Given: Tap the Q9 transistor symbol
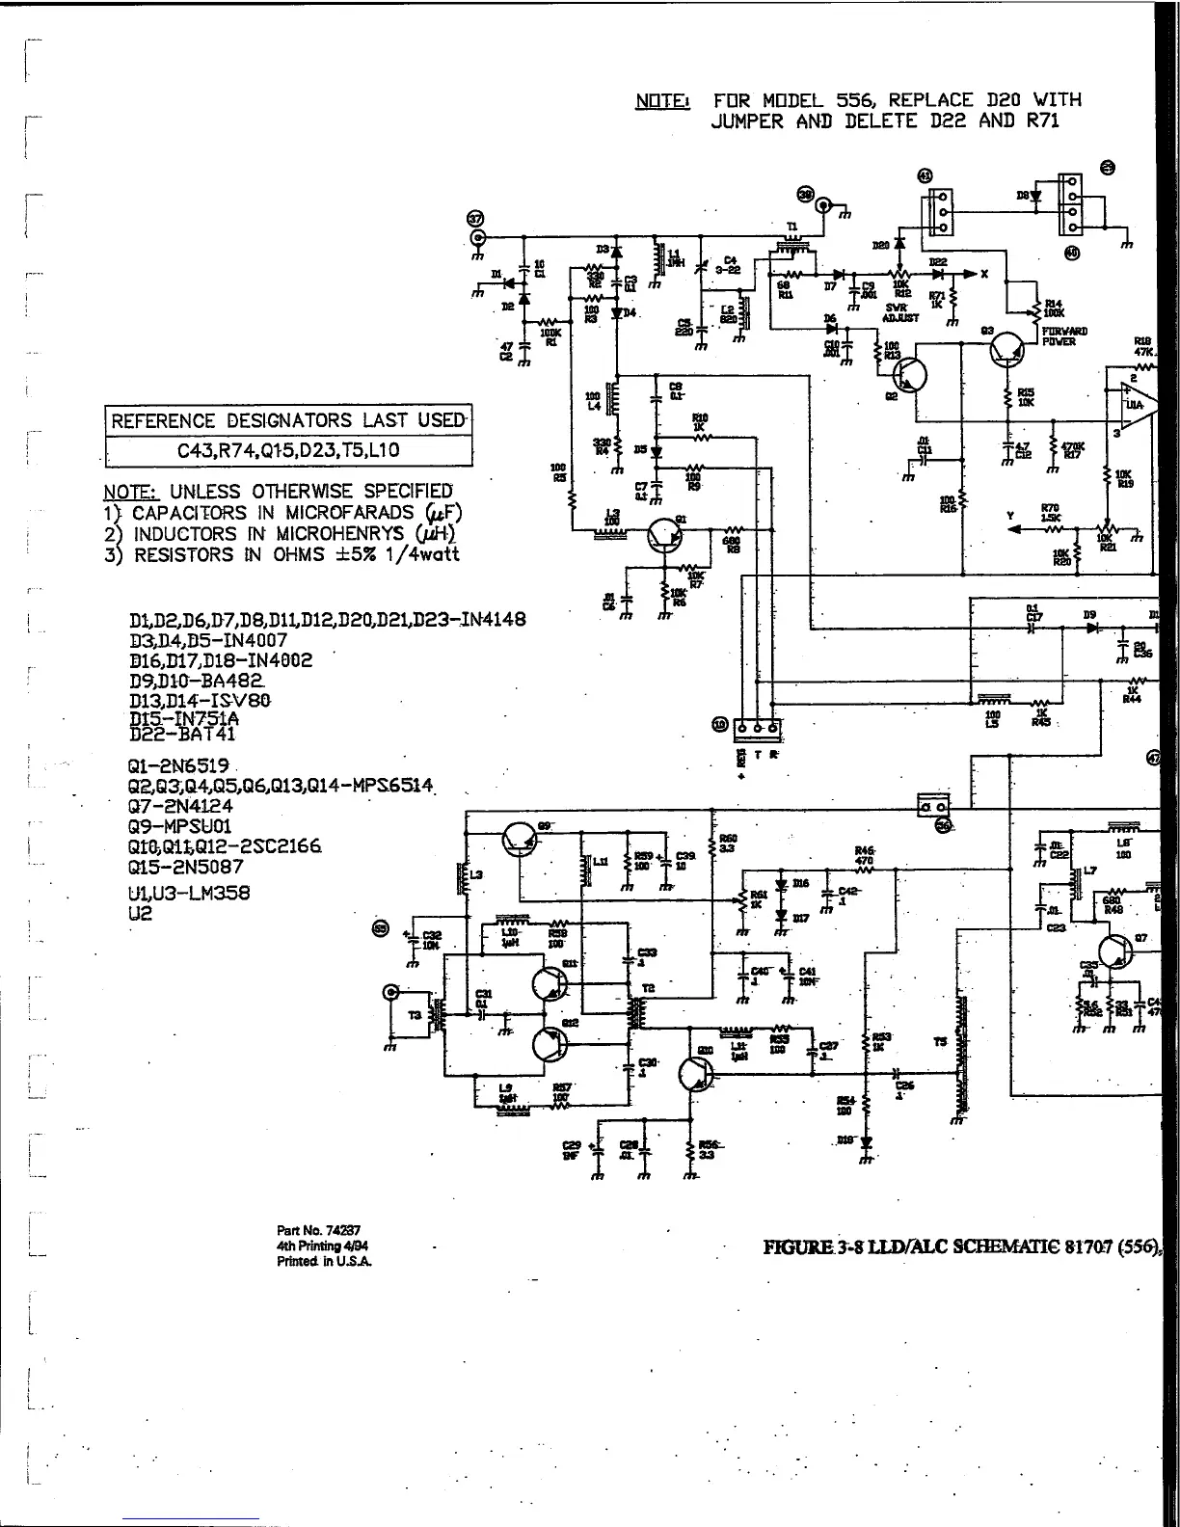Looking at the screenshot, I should click(x=521, y=842).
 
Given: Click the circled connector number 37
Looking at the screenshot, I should click(x=475, y=218).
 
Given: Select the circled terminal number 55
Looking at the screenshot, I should click(x=380, y=928).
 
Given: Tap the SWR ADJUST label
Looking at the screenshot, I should click(x=901, y=311).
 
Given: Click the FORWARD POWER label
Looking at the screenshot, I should click(x=1064, y=336).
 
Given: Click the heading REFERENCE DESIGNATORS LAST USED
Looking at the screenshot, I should click(x=287, y=421).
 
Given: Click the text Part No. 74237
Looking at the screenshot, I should click(x=318, y=1230).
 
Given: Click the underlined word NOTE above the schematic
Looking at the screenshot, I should click(x=662, y=100).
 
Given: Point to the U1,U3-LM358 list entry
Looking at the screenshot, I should click(x=189, y=893).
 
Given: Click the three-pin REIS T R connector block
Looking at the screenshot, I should click(x=758, y=727).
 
